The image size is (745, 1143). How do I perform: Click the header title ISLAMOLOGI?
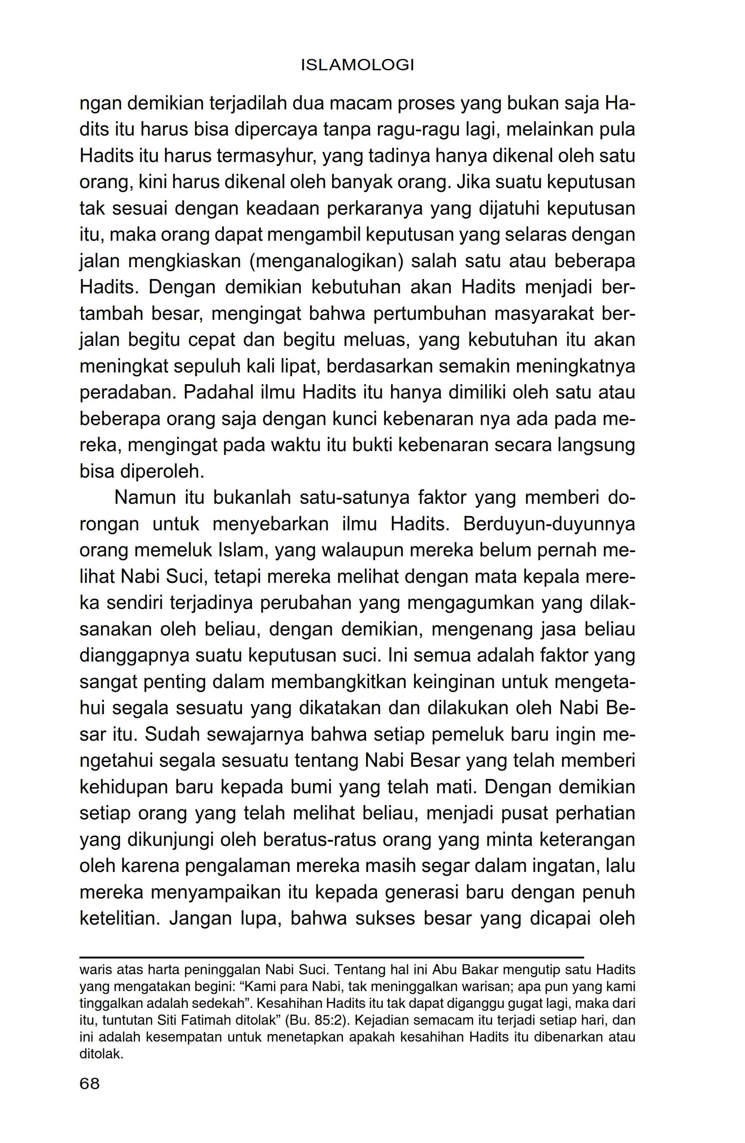click(x=357, y=65)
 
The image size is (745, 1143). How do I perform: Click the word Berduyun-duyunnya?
click(x=549, y=524)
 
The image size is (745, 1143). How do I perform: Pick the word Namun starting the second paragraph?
click(x=145, y=498)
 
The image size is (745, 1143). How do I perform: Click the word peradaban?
click(x=126, y=393)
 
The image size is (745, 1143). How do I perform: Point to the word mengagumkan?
click(x=471, y=603)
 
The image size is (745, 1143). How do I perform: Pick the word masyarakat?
click(x=543, y=314)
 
